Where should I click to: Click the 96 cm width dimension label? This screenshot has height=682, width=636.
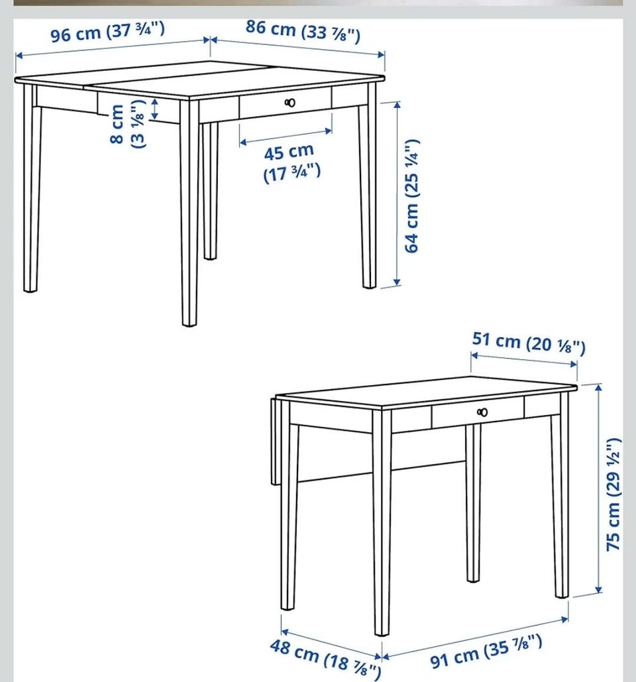coord(107,32)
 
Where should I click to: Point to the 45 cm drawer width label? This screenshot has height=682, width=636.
coord(291,162)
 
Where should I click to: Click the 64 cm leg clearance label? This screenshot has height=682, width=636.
coord(412,196)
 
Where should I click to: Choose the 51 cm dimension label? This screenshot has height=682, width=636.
coord(529,342)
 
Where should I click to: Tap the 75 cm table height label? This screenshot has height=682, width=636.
coord(613,494)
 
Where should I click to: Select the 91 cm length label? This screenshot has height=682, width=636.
coord(486,651)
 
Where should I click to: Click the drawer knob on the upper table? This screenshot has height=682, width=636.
coord(290,103)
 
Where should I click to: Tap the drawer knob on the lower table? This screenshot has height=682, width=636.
coord(482,412)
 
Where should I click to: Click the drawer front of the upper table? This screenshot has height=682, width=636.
coord(285,103)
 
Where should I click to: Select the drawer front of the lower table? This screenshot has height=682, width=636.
coord(478,412)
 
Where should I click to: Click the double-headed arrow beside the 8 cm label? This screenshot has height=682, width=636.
coord(155,109)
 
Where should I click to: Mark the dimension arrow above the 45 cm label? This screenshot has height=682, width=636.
coord(286,136)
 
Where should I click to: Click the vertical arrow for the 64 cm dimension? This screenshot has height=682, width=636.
coord(396,194)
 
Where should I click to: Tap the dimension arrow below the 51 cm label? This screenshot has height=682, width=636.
coord(524,360)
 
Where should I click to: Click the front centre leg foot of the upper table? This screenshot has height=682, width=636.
coord(189,322)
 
